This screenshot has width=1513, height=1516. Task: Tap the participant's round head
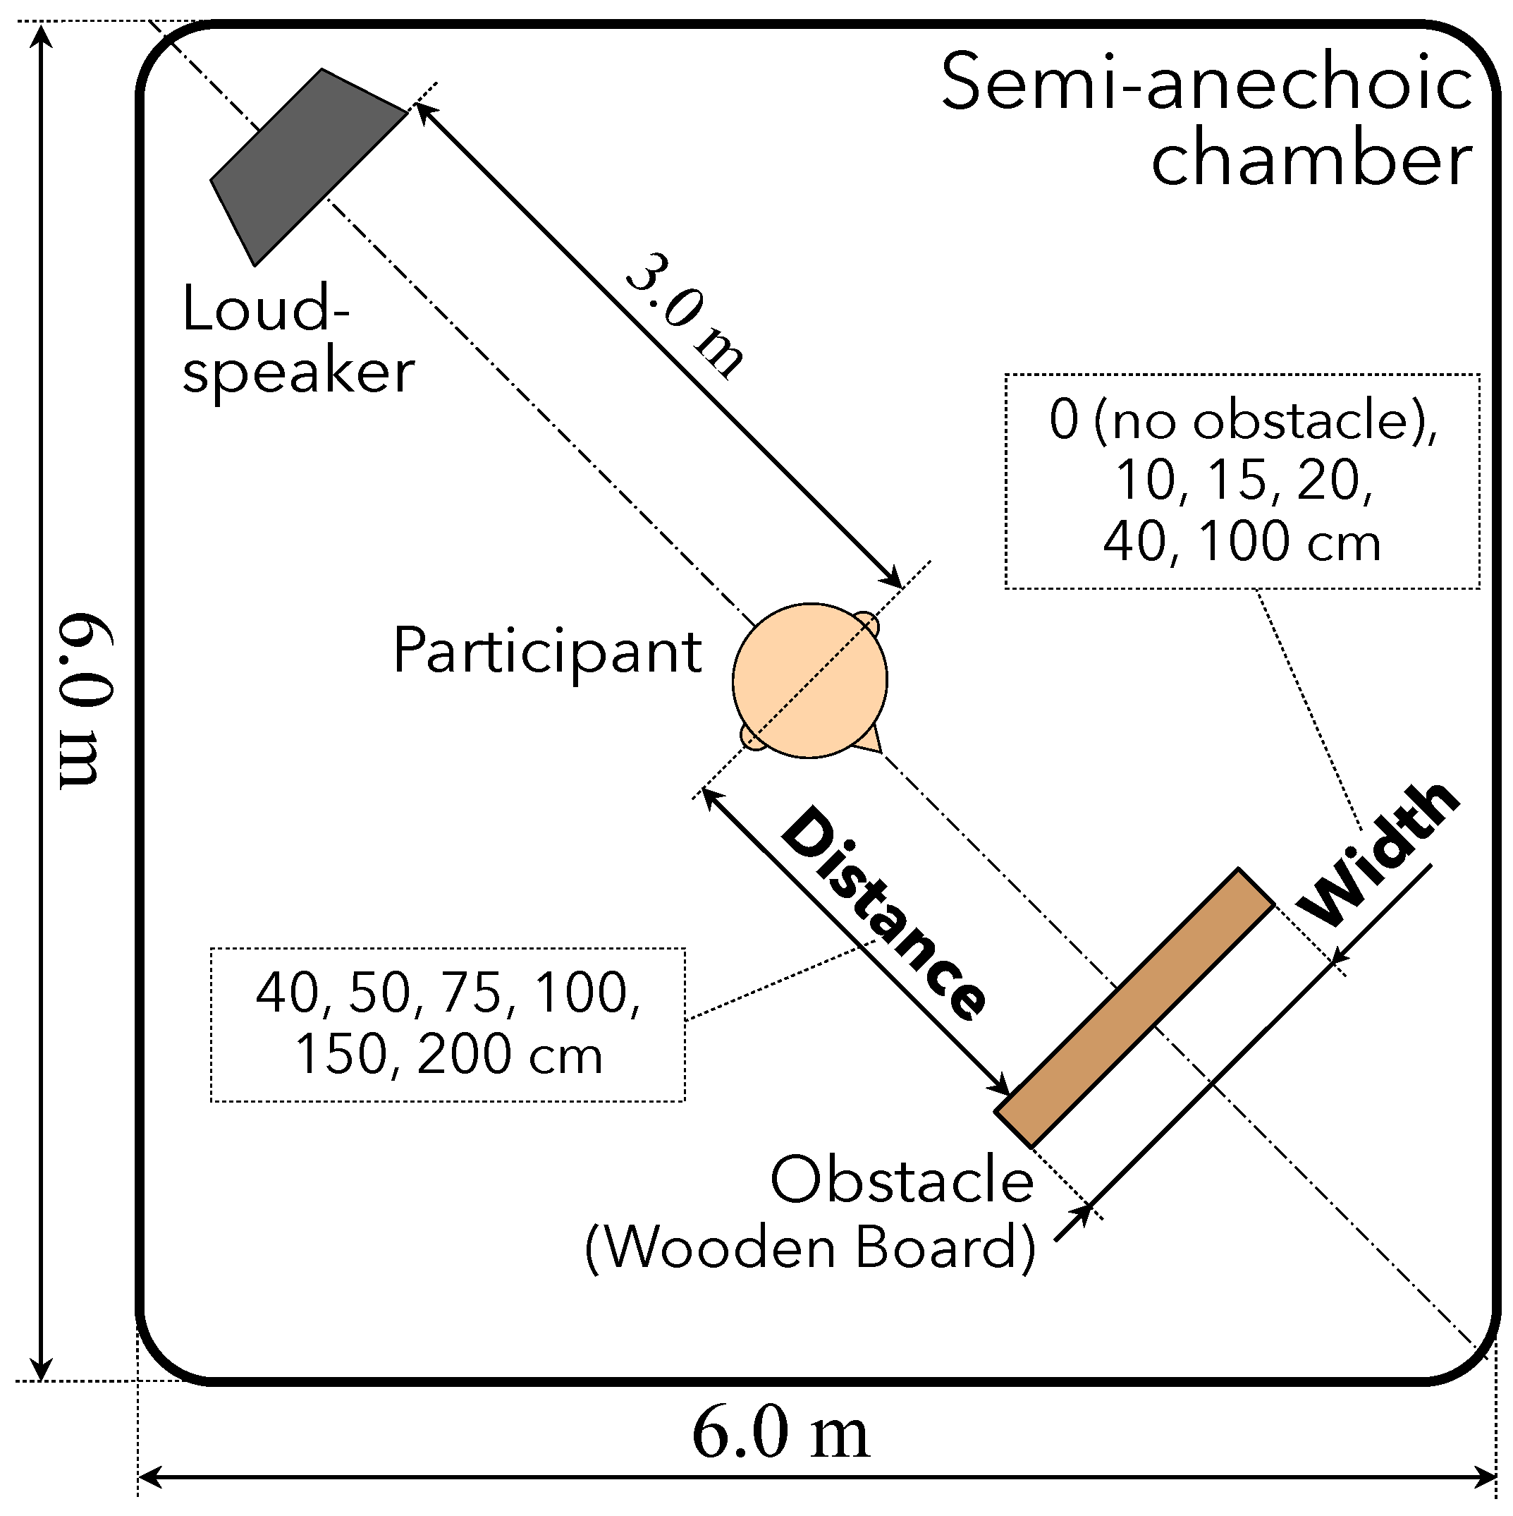809,679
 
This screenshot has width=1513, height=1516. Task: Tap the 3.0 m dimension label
684,316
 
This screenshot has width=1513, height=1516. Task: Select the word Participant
546,651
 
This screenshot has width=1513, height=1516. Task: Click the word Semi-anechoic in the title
1206,84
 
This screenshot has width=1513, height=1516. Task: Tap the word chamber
1311,161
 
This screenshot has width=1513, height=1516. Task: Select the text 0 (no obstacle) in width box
1242,420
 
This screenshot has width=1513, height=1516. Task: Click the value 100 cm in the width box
1290,542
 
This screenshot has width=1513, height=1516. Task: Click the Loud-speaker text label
297,339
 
